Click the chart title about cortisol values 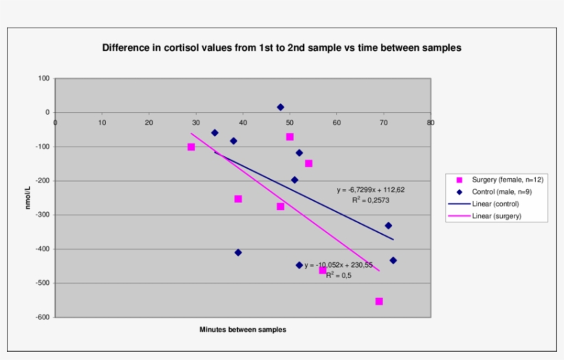point(281,48)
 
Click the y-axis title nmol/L point(29,198)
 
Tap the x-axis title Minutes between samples point(243,330)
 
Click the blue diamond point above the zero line point(281,107)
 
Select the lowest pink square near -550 point(379,301)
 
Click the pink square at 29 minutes point(191,147)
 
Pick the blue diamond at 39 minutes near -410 point(238,253)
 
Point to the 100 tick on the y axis point(44,78)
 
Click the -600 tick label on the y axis point(42,317)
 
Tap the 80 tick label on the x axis point(431,123)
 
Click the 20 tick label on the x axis point(149,123)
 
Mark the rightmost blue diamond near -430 point(393,260)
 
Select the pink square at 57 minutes point(323,271)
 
